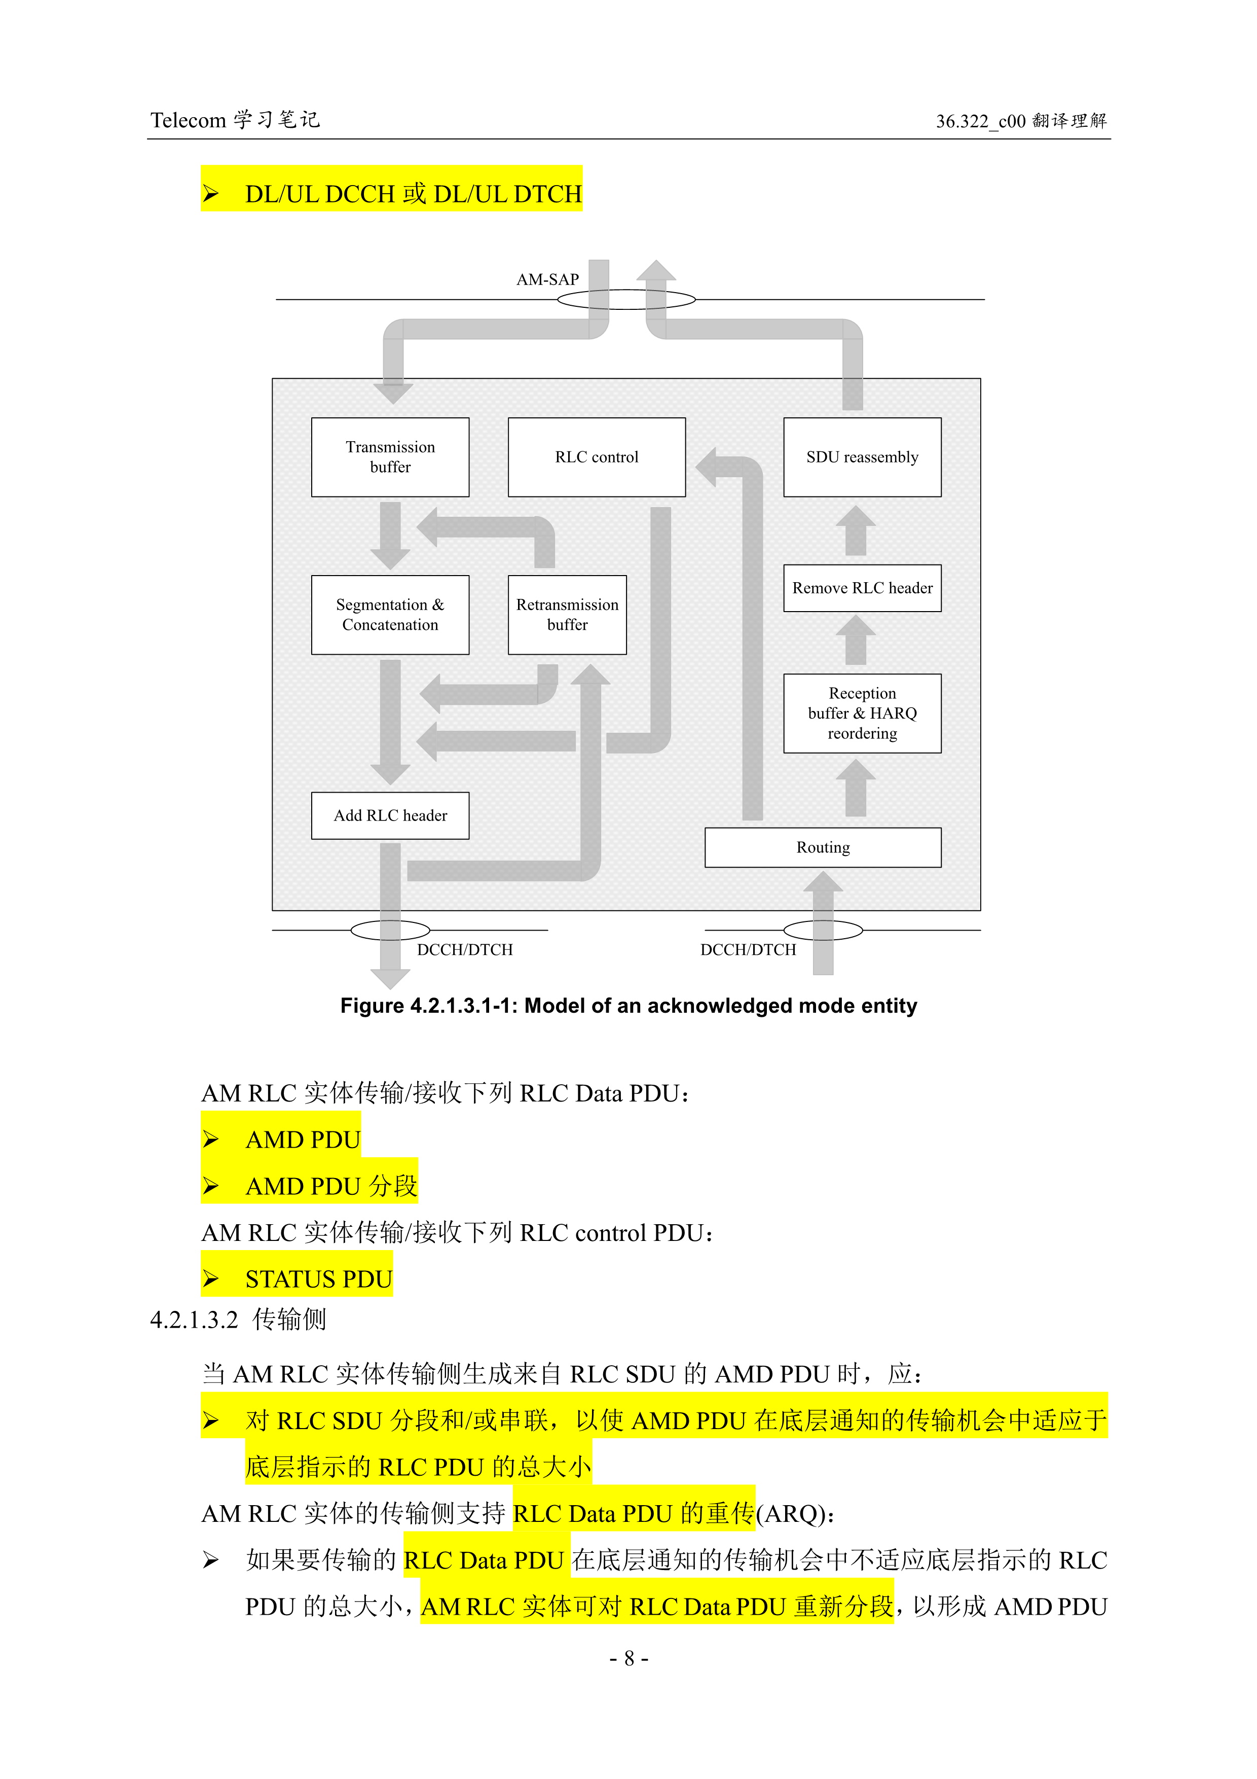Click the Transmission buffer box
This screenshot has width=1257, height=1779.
pyautogui.click(x=390, y=457)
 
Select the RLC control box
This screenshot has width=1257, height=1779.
pyautogui.click(x=597, y=457)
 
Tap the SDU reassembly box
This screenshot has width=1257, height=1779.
pyautogui.click(x=862, y=457)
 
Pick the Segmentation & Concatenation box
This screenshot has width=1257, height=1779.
pyautogui.click(x=390, y=615)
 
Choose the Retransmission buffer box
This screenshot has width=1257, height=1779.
pyautogui.click(x=567, y=615)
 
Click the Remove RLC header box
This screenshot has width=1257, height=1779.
pyautogui.click(x=862, y=588)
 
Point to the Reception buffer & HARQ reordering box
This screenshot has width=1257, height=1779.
pyautogui.click(x=862, y=713)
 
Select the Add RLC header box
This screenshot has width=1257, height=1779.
pyautogui.click(x=390, y=815)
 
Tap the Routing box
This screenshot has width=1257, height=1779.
pyautogui.click(x=823, y=847)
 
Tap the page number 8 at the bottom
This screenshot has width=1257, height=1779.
pyautogui.click(x=629, y=1658)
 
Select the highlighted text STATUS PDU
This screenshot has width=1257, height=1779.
pyautogui.click(x=318, y=1279)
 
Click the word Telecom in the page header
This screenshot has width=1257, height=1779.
pyautogui.click(x=188, y=121)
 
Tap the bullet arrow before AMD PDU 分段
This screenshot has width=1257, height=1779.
pyautogui.click(x=211, y=1186)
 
